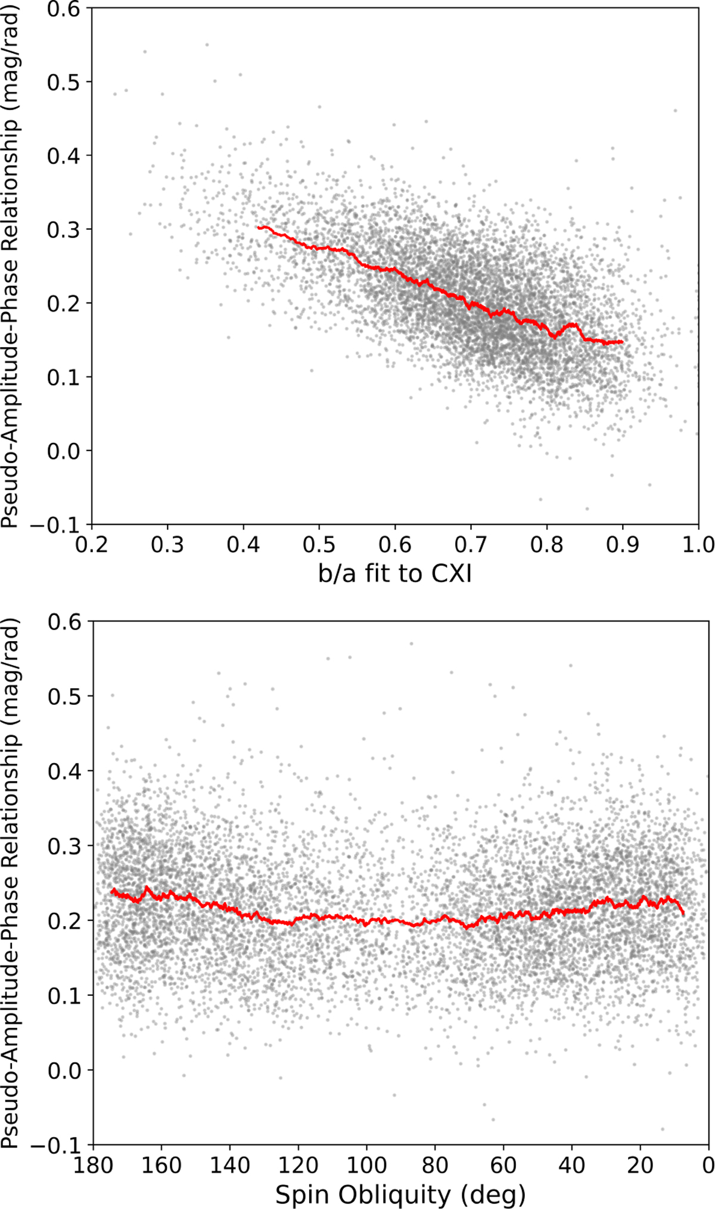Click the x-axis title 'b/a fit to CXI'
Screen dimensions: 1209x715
click(x=395, y=574)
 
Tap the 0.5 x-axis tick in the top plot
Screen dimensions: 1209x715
click(x=319, y=544)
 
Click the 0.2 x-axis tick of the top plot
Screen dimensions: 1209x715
click(x=92, y=544)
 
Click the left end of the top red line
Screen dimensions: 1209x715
click(x=258, y=227)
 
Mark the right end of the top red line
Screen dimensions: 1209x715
click(x=623, y=342)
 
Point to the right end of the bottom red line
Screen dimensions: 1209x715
click(x=683, y=914)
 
